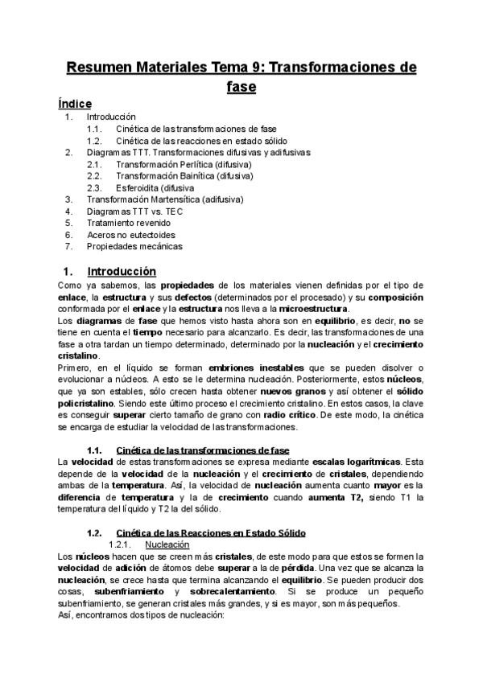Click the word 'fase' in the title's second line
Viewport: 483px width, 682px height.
(x=241, y=86)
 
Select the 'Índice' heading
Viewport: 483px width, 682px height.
(x=75, y=104)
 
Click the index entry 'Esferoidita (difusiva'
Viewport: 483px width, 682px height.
(x=155, y=187)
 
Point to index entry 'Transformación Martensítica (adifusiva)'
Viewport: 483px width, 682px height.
(x=164, y=199)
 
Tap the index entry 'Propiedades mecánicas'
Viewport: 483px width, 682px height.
(x=134, y=246)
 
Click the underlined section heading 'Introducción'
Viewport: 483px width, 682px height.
(x=122, y=272)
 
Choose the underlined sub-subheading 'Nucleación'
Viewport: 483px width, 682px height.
(x=167, y=544)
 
